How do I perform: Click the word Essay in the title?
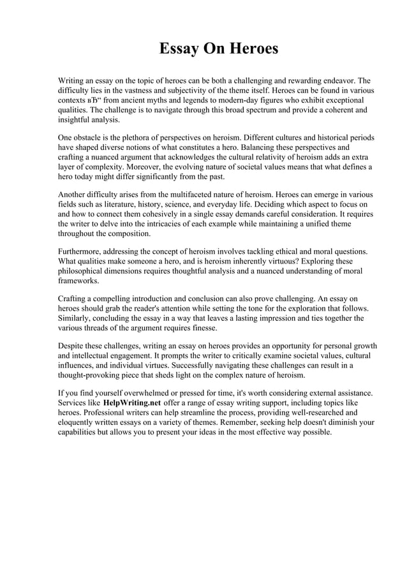coord(179,49)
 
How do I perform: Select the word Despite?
coord(72,345)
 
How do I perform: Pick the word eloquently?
coord(80,422)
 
